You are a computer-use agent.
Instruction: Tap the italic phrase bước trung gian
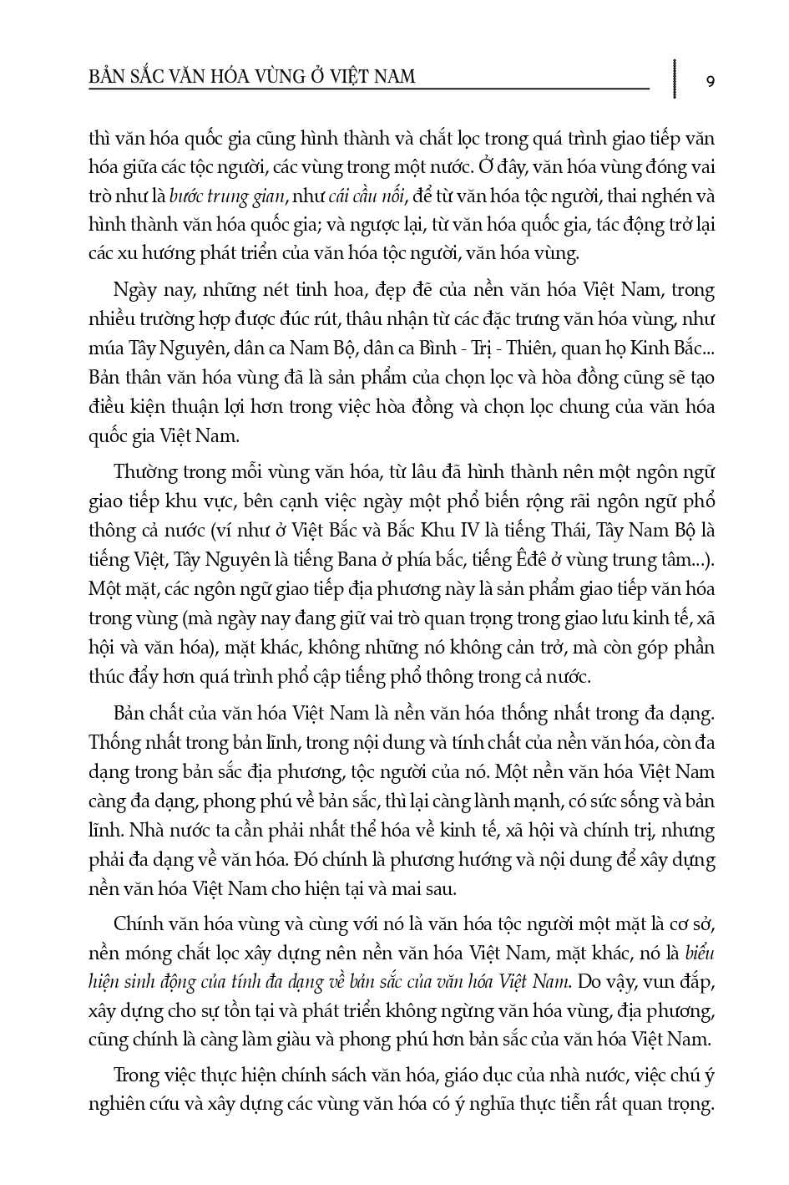coord(228,196)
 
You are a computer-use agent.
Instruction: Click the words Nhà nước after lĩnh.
coord(156,831)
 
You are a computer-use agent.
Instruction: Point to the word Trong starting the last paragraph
coord(134,1075)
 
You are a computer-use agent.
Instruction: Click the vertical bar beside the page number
coord(674,77)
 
